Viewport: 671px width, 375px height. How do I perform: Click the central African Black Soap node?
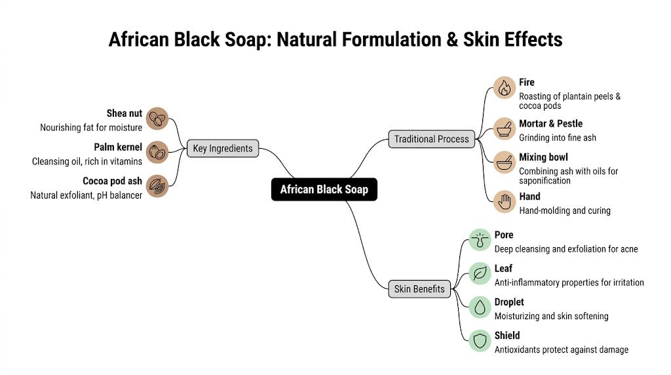[324, 189]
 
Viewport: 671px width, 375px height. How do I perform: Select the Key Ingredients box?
[222, 148]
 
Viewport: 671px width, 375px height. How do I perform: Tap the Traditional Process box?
[431, 139]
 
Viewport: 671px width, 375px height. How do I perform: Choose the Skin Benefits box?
[419, 288]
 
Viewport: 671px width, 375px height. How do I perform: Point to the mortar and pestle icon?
[504, 128]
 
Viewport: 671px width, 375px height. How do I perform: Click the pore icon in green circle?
[480, 240]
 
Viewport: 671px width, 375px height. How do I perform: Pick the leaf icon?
[480, 273]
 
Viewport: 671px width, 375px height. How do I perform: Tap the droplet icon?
[480, 307]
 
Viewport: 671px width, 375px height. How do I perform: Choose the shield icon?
[480, 340]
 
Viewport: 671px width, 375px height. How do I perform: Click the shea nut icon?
[157, 119]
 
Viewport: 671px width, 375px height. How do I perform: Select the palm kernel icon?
[157, 152]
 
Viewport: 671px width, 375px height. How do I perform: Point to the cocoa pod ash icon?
[157, 186]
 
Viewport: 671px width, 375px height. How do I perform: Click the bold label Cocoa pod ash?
[112, 181]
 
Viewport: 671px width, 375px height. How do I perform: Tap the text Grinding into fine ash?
[558, 138]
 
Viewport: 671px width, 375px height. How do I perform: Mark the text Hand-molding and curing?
[565, 210]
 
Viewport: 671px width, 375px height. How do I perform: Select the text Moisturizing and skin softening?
[551, 316]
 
